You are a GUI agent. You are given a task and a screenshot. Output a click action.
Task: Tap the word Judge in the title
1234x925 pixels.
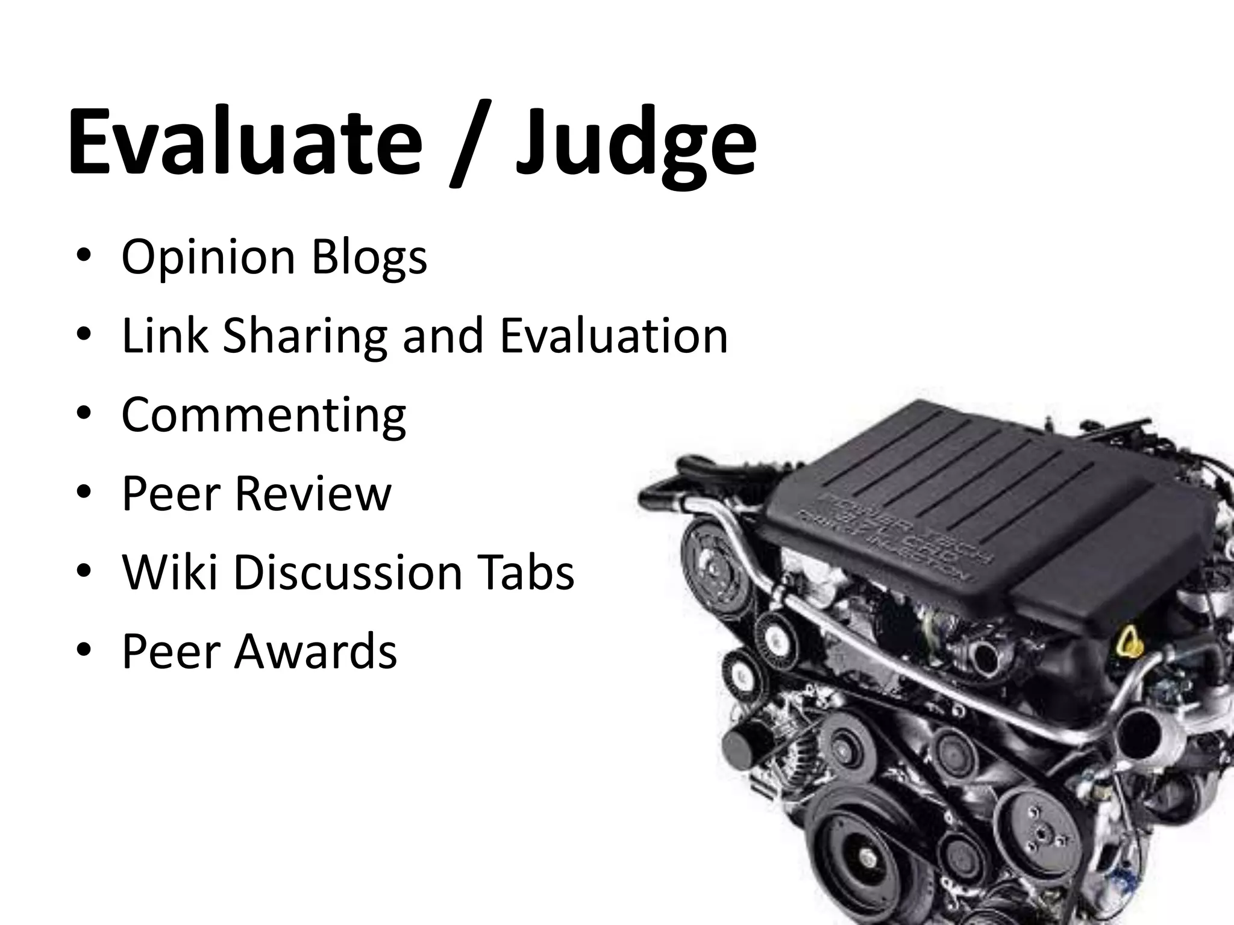(x=635, y=145)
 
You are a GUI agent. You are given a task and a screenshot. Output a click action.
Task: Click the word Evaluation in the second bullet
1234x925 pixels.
(x=613, y=335)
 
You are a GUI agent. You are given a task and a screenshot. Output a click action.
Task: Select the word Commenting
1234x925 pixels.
(x=264, y=416)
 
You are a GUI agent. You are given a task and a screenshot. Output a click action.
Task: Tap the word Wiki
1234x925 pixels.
(x=169, y=572)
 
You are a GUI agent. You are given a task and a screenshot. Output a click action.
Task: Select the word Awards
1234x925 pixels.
(x=316, y=651)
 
